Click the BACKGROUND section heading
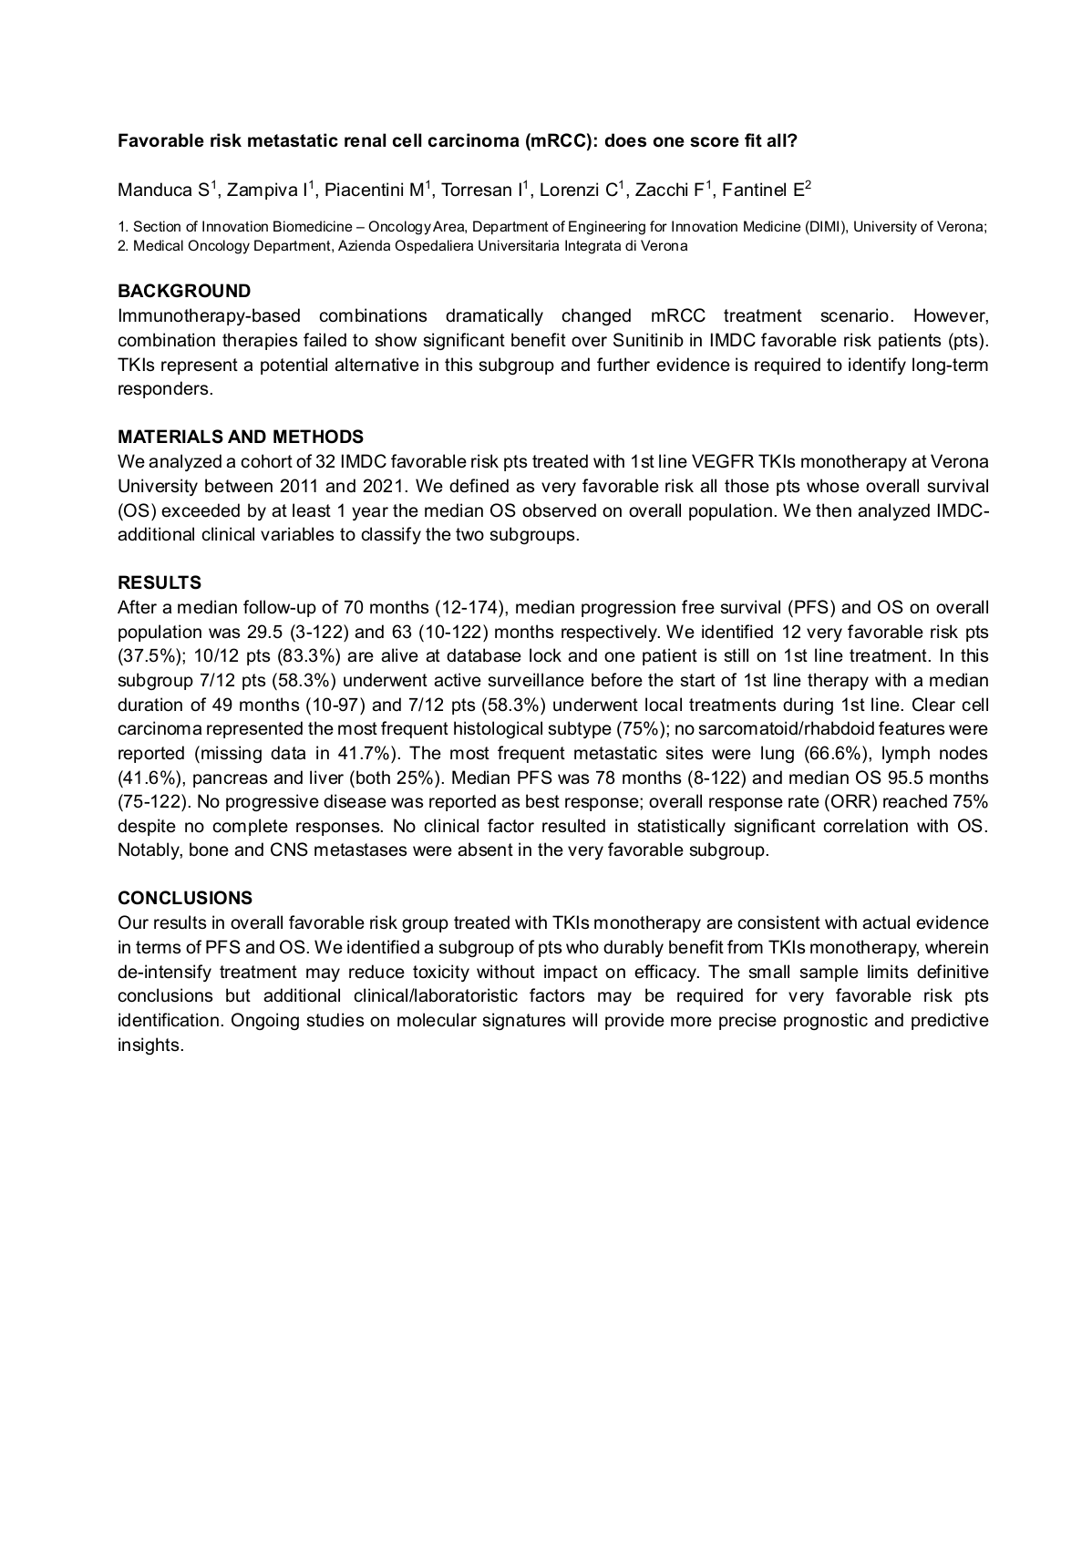184,291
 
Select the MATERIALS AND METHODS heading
241,437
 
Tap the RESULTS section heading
160,582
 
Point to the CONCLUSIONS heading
185,898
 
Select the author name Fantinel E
761,191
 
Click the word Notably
149,851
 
